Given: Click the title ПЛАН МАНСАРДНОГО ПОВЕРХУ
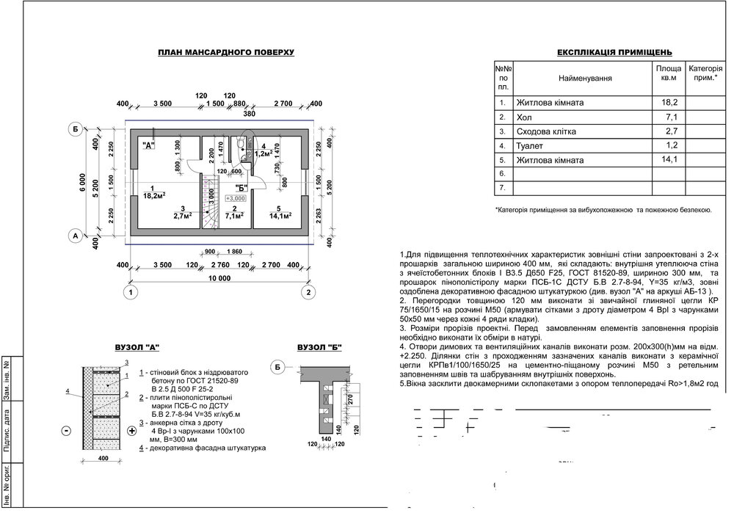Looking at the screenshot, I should click(x=225, y=53).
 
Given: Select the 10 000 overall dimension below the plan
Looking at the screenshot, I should click(x=219, y=278).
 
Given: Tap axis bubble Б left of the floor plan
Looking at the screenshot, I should click(x=75, y=131).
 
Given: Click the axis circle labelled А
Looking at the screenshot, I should click(x=75, y=236).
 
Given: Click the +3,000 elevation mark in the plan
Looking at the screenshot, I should click(x=234, y=198).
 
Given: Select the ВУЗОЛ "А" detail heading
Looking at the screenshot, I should click(x=137, y=346).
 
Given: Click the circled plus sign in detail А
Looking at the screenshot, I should click(x=132, y=431).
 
